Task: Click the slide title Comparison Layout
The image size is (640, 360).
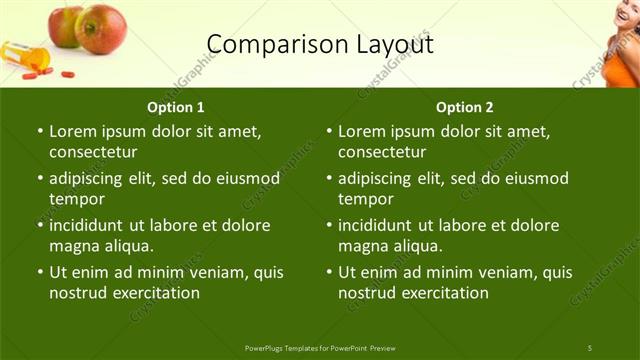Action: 320,44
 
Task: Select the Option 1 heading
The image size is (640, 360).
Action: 176,107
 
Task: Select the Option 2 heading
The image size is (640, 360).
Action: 465,107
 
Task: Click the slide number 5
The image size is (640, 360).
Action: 589,347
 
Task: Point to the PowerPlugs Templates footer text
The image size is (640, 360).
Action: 320,347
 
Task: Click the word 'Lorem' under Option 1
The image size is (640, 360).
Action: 73,131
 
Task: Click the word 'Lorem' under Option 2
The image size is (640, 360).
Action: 362,131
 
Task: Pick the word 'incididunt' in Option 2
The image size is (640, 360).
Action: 380,224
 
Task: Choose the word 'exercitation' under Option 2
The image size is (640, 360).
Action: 443,293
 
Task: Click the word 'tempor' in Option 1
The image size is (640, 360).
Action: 75,200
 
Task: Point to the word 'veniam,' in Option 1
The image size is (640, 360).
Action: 215,271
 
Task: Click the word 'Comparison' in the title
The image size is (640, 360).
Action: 261,44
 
